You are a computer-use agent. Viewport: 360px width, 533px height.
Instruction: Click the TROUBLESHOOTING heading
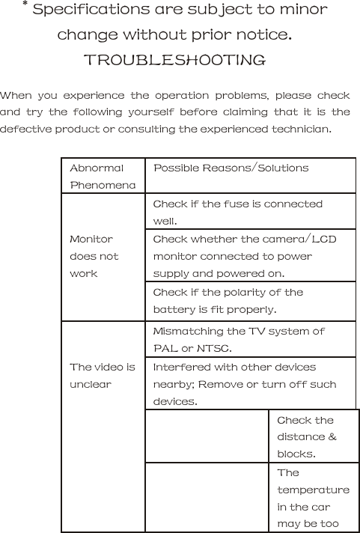[174, 60]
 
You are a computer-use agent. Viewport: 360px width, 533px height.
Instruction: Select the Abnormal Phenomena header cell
[103, 176]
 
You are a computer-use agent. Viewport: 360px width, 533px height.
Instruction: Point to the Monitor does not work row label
[94, 256]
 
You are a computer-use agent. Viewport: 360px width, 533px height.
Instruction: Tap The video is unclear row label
[102, 375]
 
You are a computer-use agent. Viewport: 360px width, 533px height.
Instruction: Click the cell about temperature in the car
[312, 498]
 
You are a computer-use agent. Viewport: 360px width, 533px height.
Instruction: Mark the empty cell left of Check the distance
[206, 436]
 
